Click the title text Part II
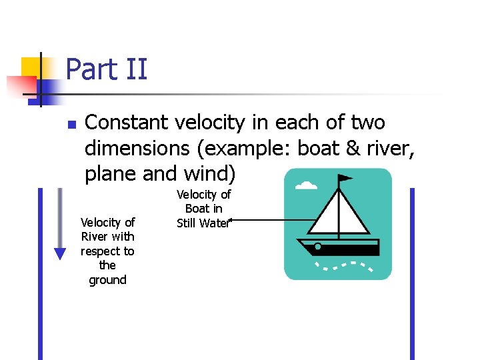tap(107, 69)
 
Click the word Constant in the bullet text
tap(127, 123)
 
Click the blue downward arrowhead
tap(60, 253)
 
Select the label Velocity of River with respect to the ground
tap(107, 251)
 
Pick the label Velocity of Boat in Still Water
tap(203, 209)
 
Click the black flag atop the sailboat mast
tap(345, 179)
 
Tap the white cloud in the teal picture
tap(306, 185)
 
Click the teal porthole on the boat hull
tap(318, 247)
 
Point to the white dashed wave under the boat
tap(343, 267)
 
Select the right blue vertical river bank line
tap(412, 273)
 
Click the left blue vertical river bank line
tap(40, 273)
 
